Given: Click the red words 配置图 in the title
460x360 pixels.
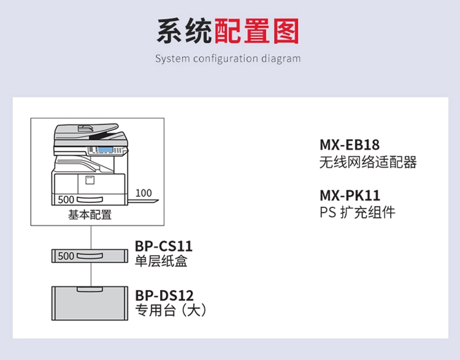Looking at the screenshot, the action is (256, 31).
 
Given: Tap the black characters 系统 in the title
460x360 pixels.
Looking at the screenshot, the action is (184, 31).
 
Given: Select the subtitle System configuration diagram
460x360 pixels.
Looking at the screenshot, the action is (228, 58).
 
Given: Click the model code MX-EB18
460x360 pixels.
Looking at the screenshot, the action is (350, 145).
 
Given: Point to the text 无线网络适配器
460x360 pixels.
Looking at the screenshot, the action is (368, 162).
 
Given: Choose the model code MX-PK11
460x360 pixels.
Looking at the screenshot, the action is (350, 196).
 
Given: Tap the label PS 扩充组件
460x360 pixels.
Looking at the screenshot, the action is (358, 212).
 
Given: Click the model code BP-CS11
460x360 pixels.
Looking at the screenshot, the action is (163, 246).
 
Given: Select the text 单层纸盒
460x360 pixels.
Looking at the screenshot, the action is (161, 261).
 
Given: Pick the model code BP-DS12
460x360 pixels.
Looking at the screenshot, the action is (164, 296).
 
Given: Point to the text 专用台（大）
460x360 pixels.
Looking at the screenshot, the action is (171, 310).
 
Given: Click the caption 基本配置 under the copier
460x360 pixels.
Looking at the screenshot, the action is (90, 215).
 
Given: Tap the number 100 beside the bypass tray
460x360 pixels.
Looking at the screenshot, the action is (144, 193).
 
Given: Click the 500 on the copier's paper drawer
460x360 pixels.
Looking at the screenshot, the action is (66, 199).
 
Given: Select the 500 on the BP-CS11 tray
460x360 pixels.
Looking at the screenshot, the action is (66, 256).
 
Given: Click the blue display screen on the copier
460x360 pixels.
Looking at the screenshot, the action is (105, 150).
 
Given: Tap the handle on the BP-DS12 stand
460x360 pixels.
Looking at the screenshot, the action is (90, 289).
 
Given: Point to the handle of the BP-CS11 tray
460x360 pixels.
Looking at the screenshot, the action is (90, 256).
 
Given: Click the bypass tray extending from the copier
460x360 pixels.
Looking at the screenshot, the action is (143, 202).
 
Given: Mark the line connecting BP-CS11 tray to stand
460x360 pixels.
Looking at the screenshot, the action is (91, 275).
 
